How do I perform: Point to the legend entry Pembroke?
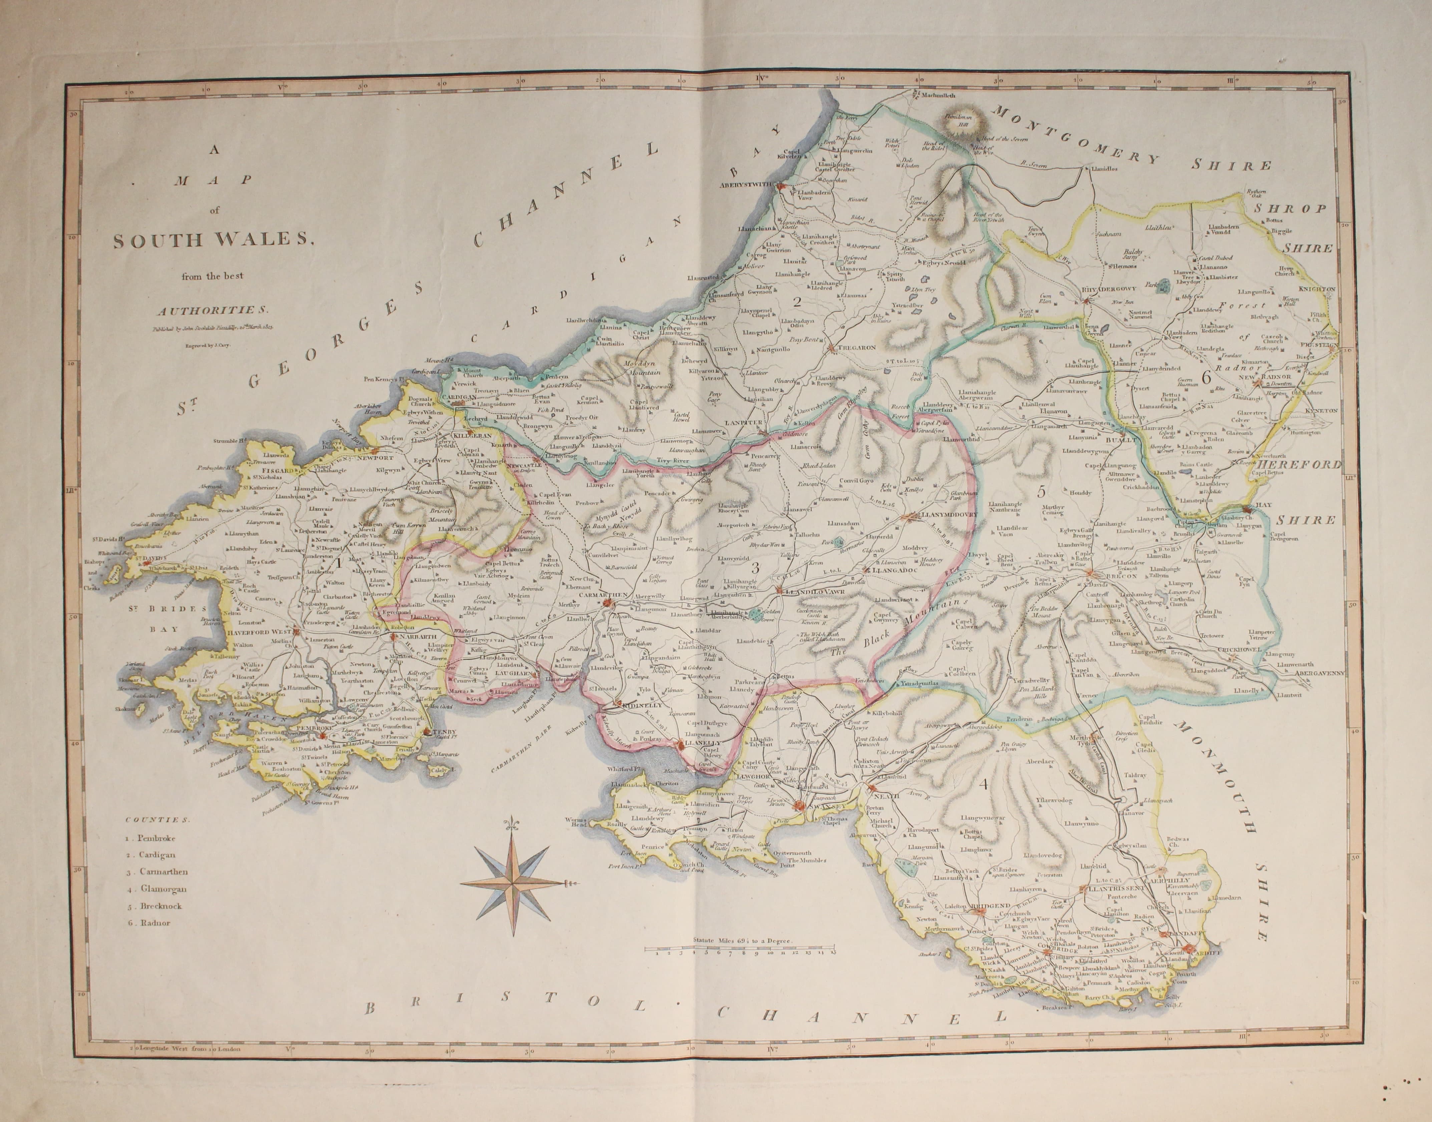tap(152, 838)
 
